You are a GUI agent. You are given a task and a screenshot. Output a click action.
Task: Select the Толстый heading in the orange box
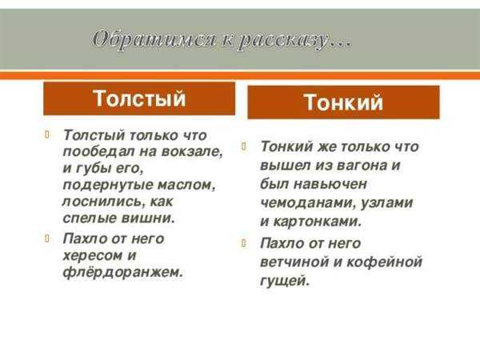point(139,98)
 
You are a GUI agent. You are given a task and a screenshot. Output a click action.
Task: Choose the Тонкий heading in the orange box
point(343,102)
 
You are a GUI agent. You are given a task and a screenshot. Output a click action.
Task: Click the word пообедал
point(99,151)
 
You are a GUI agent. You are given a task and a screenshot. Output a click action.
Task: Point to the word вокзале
point(192,151)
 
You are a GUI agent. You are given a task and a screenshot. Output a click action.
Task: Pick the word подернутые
point(107,185)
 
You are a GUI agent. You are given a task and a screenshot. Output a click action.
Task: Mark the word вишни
point(148,218)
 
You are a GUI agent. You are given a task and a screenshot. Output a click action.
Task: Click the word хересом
point(93,255)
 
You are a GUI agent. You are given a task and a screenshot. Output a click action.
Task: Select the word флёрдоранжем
point(122,272)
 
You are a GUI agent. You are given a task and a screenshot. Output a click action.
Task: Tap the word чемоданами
point(308,202)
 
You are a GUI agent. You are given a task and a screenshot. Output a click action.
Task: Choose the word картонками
point(317,222)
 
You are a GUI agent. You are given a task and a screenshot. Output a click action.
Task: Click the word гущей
point(285,281)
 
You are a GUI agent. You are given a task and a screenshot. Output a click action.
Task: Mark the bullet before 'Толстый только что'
point(47,134)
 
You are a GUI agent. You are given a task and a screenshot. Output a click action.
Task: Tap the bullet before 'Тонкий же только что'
point(244,146)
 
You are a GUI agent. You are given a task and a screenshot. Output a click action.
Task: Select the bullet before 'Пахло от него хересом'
point(47,238)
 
